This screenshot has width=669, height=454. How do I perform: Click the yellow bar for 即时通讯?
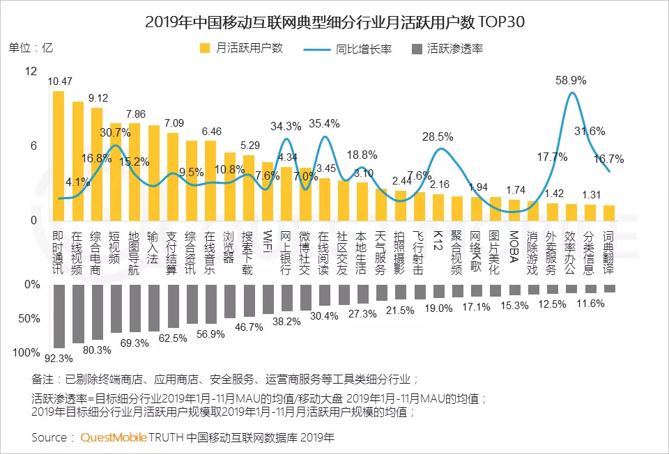[59, 156]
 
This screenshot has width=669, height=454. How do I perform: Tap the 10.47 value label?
[60, 82]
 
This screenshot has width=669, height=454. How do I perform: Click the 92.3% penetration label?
[59, 359]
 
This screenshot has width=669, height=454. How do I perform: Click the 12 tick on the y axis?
[30, 72]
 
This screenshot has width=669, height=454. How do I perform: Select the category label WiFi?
[268, 240]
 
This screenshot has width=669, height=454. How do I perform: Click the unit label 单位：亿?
[31, 48]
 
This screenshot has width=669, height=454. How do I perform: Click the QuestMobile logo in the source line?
[114, 437]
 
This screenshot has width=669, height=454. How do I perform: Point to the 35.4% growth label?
[324, 124]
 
